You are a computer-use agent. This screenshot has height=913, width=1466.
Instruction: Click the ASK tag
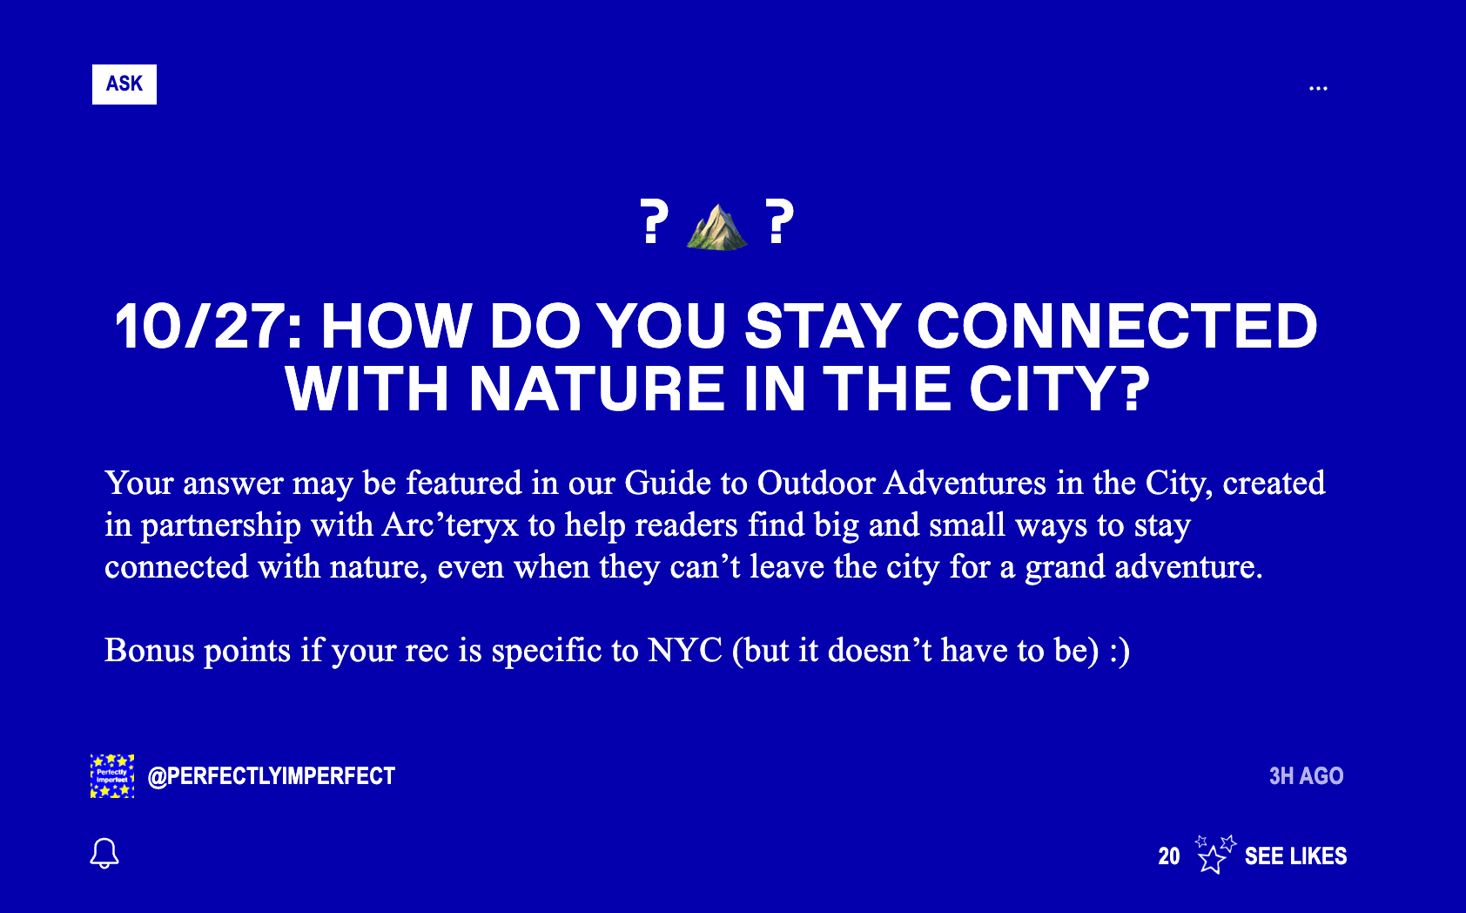pos(124,85)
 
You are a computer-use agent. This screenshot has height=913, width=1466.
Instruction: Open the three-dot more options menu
pos(1318,88)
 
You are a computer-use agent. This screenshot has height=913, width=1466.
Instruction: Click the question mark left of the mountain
pos(654,221)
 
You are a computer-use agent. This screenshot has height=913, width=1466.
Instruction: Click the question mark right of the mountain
pos(779,221)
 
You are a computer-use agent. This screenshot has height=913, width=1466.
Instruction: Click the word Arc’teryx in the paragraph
pos(449,525)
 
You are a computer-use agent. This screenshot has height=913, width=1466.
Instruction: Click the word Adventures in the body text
pos(965,483)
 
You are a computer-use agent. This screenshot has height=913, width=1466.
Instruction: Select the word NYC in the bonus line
pos(685,651)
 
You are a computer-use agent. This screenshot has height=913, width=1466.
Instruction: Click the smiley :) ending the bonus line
pos(1120,652)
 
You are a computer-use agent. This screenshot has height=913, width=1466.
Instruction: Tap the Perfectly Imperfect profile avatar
pos(112,776)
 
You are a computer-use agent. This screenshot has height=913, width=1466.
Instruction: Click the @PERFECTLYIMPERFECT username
pos(272,776)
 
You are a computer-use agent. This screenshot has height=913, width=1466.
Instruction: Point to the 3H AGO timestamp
pos(1307,776)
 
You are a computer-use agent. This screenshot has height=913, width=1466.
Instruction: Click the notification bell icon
pos(104,854)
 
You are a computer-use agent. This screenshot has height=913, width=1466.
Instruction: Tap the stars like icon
pos(1214,855)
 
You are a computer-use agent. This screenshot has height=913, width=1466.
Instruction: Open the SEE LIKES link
pos(1296,856)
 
